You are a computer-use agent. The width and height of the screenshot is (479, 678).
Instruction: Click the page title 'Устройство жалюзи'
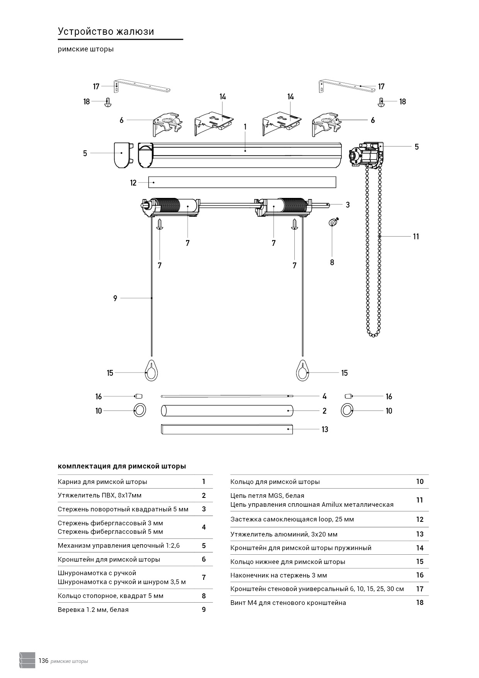pyautogui.click(x=106, y=31)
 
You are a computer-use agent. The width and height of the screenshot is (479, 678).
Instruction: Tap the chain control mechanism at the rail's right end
pyautogui.click(x=367, y=156)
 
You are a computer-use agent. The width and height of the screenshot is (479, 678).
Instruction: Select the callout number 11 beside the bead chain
pyautogui.click(x=416, y=237)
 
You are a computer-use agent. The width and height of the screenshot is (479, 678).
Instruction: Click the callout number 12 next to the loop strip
pyautogui.click(x=133, y=183)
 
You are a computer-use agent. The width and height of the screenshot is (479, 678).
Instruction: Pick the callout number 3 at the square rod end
pyautogui.click(x=348, y=205)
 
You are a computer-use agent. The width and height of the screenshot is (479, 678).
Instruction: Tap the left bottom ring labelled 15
pyautogui.click(x=152, y=371)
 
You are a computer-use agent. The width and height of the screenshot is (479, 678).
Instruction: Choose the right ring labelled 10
pyautogui.click(x=347, y=411)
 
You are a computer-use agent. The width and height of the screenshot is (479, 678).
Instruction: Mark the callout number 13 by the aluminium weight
pyautogui.click(x=325, y=429)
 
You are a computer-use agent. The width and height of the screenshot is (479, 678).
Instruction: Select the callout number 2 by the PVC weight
pyautogui.click(x=324, y=411)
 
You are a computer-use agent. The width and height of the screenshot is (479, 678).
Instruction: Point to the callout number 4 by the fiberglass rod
pyautogui.click(x=324, y=396)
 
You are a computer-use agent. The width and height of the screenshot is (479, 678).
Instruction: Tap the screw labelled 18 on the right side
pyautogui.click(x=381, y=102)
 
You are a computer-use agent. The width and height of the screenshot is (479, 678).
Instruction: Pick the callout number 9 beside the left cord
pyautogui.click(x=115, y=298)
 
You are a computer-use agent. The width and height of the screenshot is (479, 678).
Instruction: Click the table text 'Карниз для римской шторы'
pyautogui.click(x=102, y=482)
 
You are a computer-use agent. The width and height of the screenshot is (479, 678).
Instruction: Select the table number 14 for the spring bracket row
pyautogui.click(x=420, y=548)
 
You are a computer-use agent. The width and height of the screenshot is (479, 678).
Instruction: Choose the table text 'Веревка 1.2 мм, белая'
pyautogui.click(x=93, y=610)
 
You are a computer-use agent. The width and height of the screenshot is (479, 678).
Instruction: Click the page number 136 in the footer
pyautogui.click(x=43, y=661)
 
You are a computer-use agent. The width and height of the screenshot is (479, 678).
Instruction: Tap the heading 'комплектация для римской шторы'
pyautogui.click(x=122, y=466)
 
